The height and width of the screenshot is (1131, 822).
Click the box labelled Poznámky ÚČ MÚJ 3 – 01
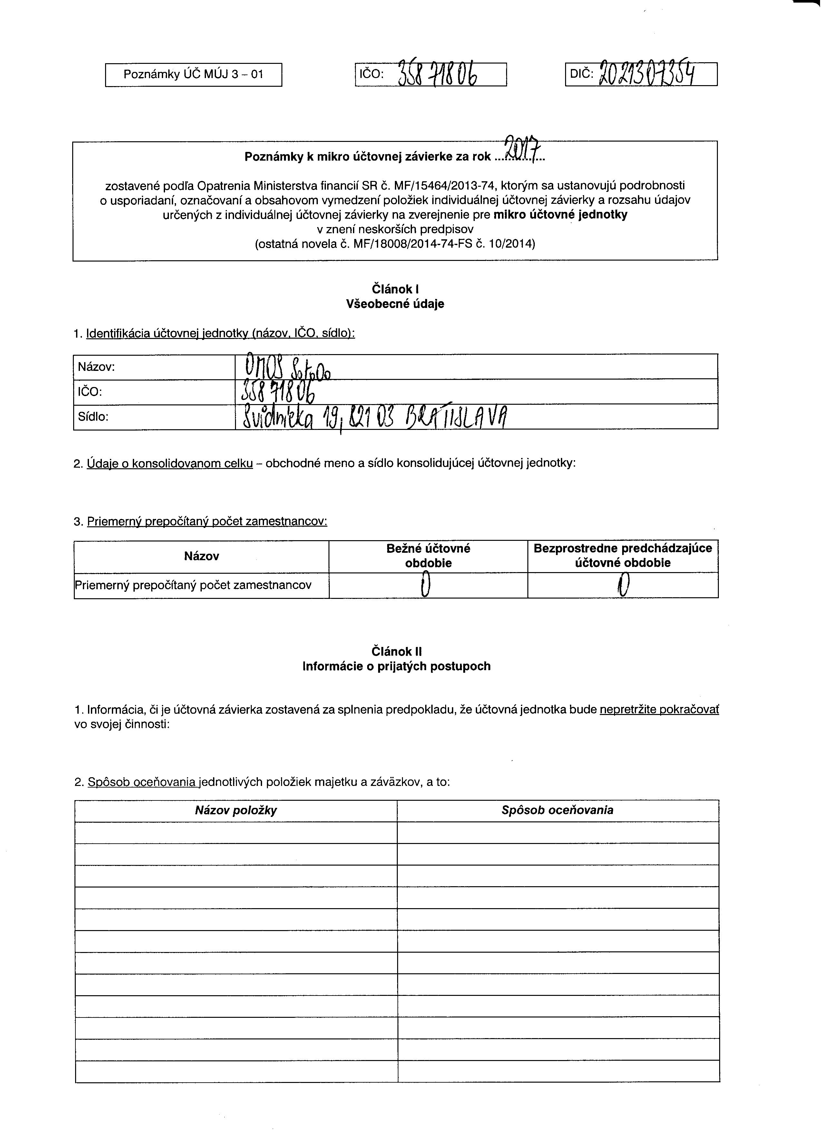pyautogui.click(x=193, y=75)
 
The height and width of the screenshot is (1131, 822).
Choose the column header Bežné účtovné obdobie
pyautogui.click(x=428, y=556)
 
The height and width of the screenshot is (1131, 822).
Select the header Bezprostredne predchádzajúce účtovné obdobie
pyautogui.click(x=622, y=556)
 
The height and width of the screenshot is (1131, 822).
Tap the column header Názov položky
pyautogui.click(x=236, y=810)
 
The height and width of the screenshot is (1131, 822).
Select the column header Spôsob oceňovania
pyautogui.click(x=557, y=810)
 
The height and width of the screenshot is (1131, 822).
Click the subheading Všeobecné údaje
pyautogui.click(x=395, y=304)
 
